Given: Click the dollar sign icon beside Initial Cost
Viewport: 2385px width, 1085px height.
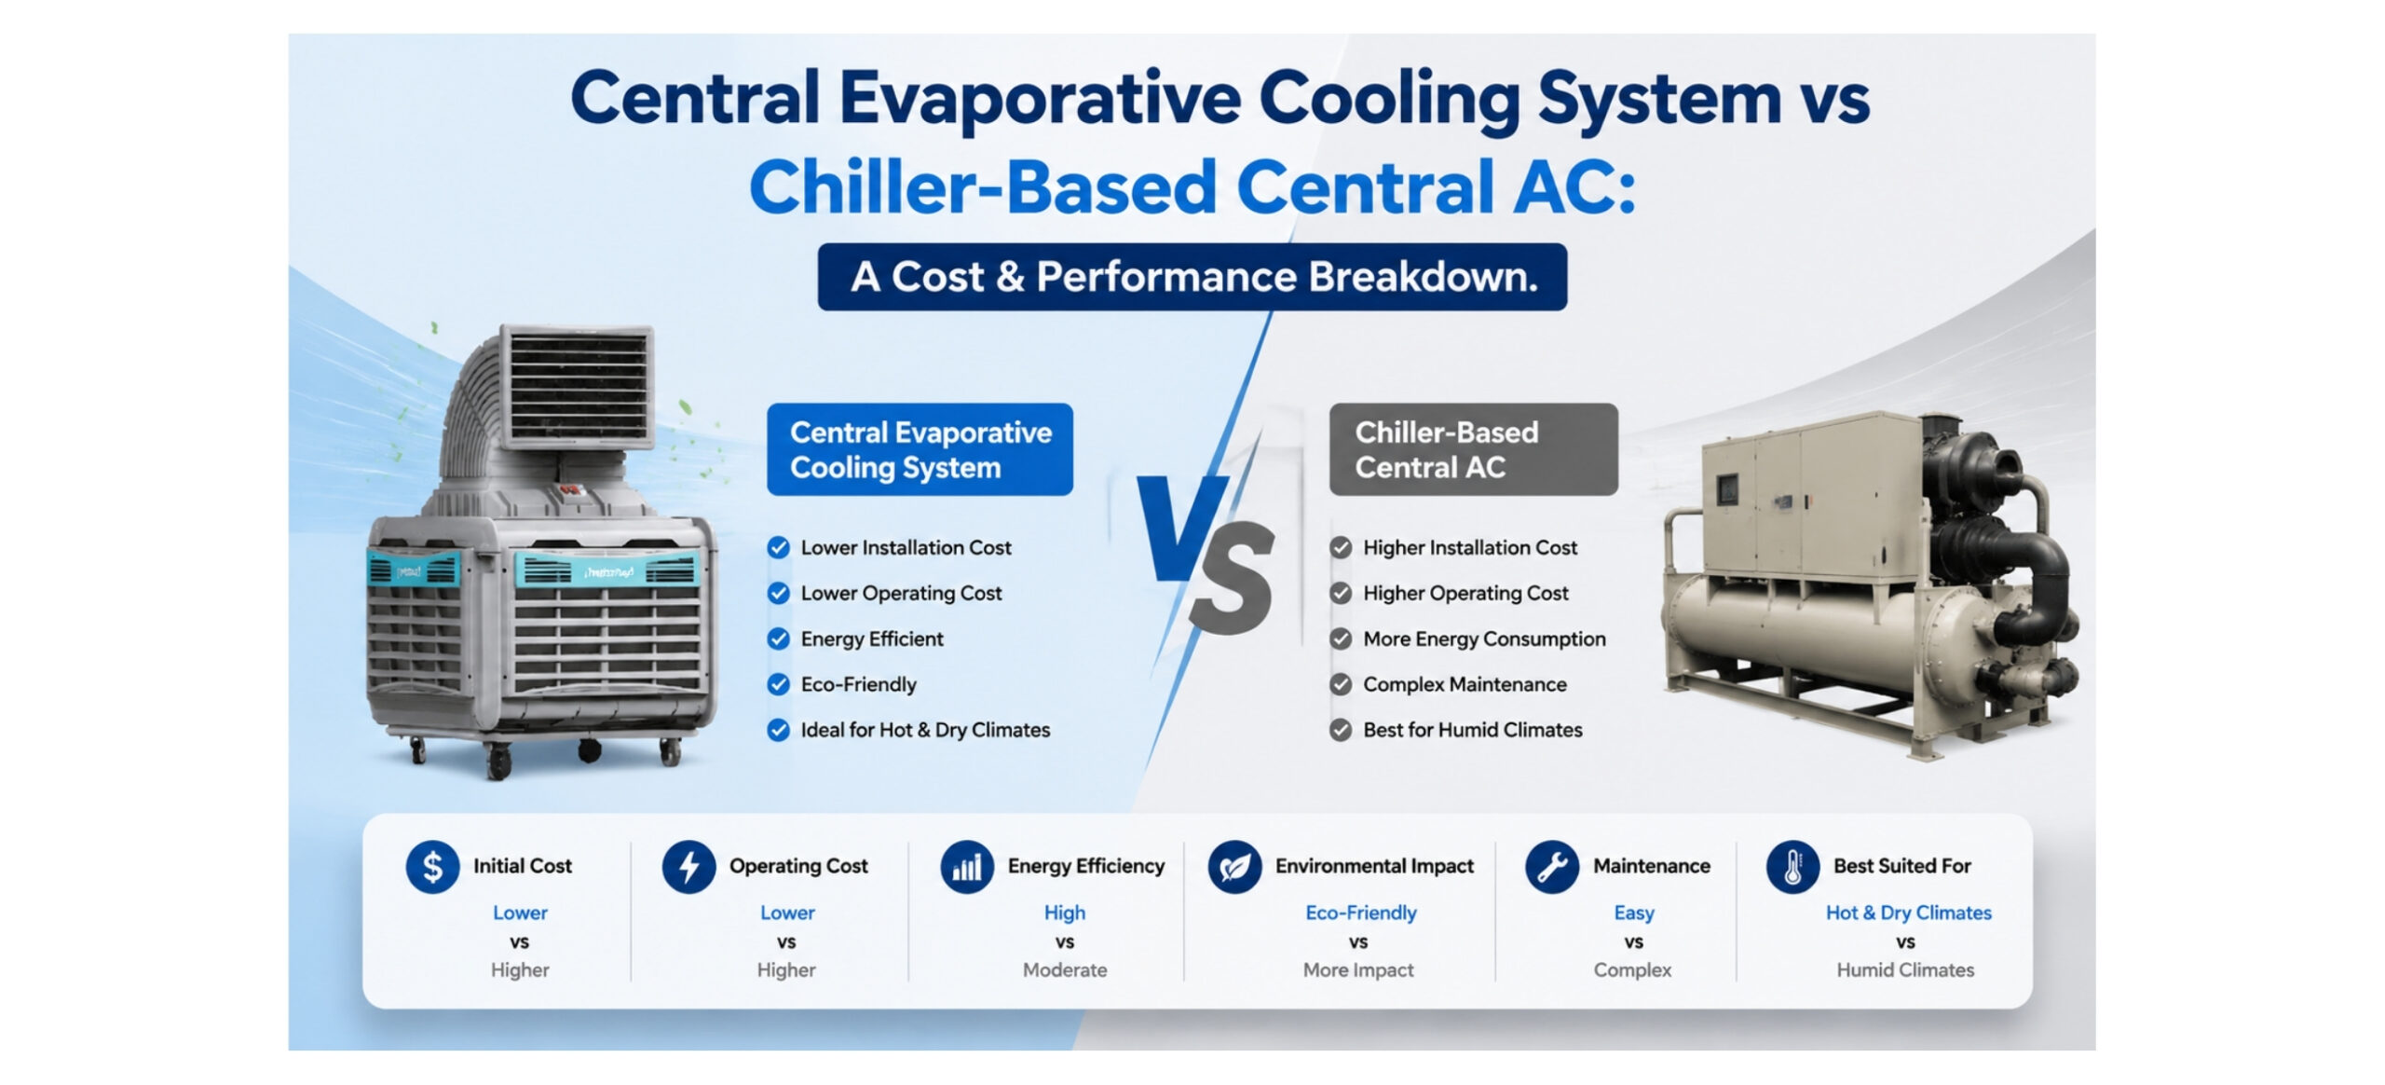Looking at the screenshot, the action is (x=432, y=866).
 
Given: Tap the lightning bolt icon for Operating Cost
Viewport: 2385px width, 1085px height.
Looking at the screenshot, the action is (x=688, y=866).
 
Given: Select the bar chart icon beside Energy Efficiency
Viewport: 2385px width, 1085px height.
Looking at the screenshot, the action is (x=967, y=866).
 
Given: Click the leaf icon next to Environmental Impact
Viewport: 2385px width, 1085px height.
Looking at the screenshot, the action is (x=1234, y=866).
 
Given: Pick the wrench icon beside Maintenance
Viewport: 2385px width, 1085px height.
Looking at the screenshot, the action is (x=1552, y=866).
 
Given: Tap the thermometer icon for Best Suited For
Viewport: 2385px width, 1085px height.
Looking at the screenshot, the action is (x=1792, y=866).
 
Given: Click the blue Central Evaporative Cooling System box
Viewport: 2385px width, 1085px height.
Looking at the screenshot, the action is (x=920, y=449).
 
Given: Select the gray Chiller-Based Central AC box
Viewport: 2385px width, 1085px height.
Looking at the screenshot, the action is (x=1473, y=449).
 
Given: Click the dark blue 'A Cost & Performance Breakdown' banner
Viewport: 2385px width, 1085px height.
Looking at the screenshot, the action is (x=1192, y=277).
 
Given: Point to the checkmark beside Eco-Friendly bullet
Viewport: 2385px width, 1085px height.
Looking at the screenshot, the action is (x=778, y=684).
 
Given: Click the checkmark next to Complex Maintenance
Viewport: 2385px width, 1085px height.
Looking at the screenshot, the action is (x=1341, y=684).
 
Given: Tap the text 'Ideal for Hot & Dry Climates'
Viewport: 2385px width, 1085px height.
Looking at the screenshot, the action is (x=925, y=730).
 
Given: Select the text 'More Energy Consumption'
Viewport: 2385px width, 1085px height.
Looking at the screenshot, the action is (x=1484, y=639).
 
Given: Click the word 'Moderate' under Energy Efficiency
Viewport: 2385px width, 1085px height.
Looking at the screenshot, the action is (x=1065, y=969).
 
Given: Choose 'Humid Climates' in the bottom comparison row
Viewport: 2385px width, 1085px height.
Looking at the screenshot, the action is (x=1905, y=969).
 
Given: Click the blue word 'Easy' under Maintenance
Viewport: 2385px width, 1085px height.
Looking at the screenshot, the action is (x=1634, y=913).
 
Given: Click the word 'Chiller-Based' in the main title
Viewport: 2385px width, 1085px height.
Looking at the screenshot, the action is (x=982, y=187).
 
